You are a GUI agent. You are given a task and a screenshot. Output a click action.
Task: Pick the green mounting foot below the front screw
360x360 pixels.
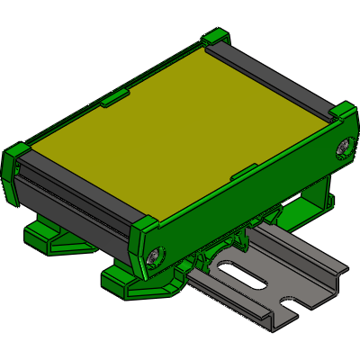[135, 281]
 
